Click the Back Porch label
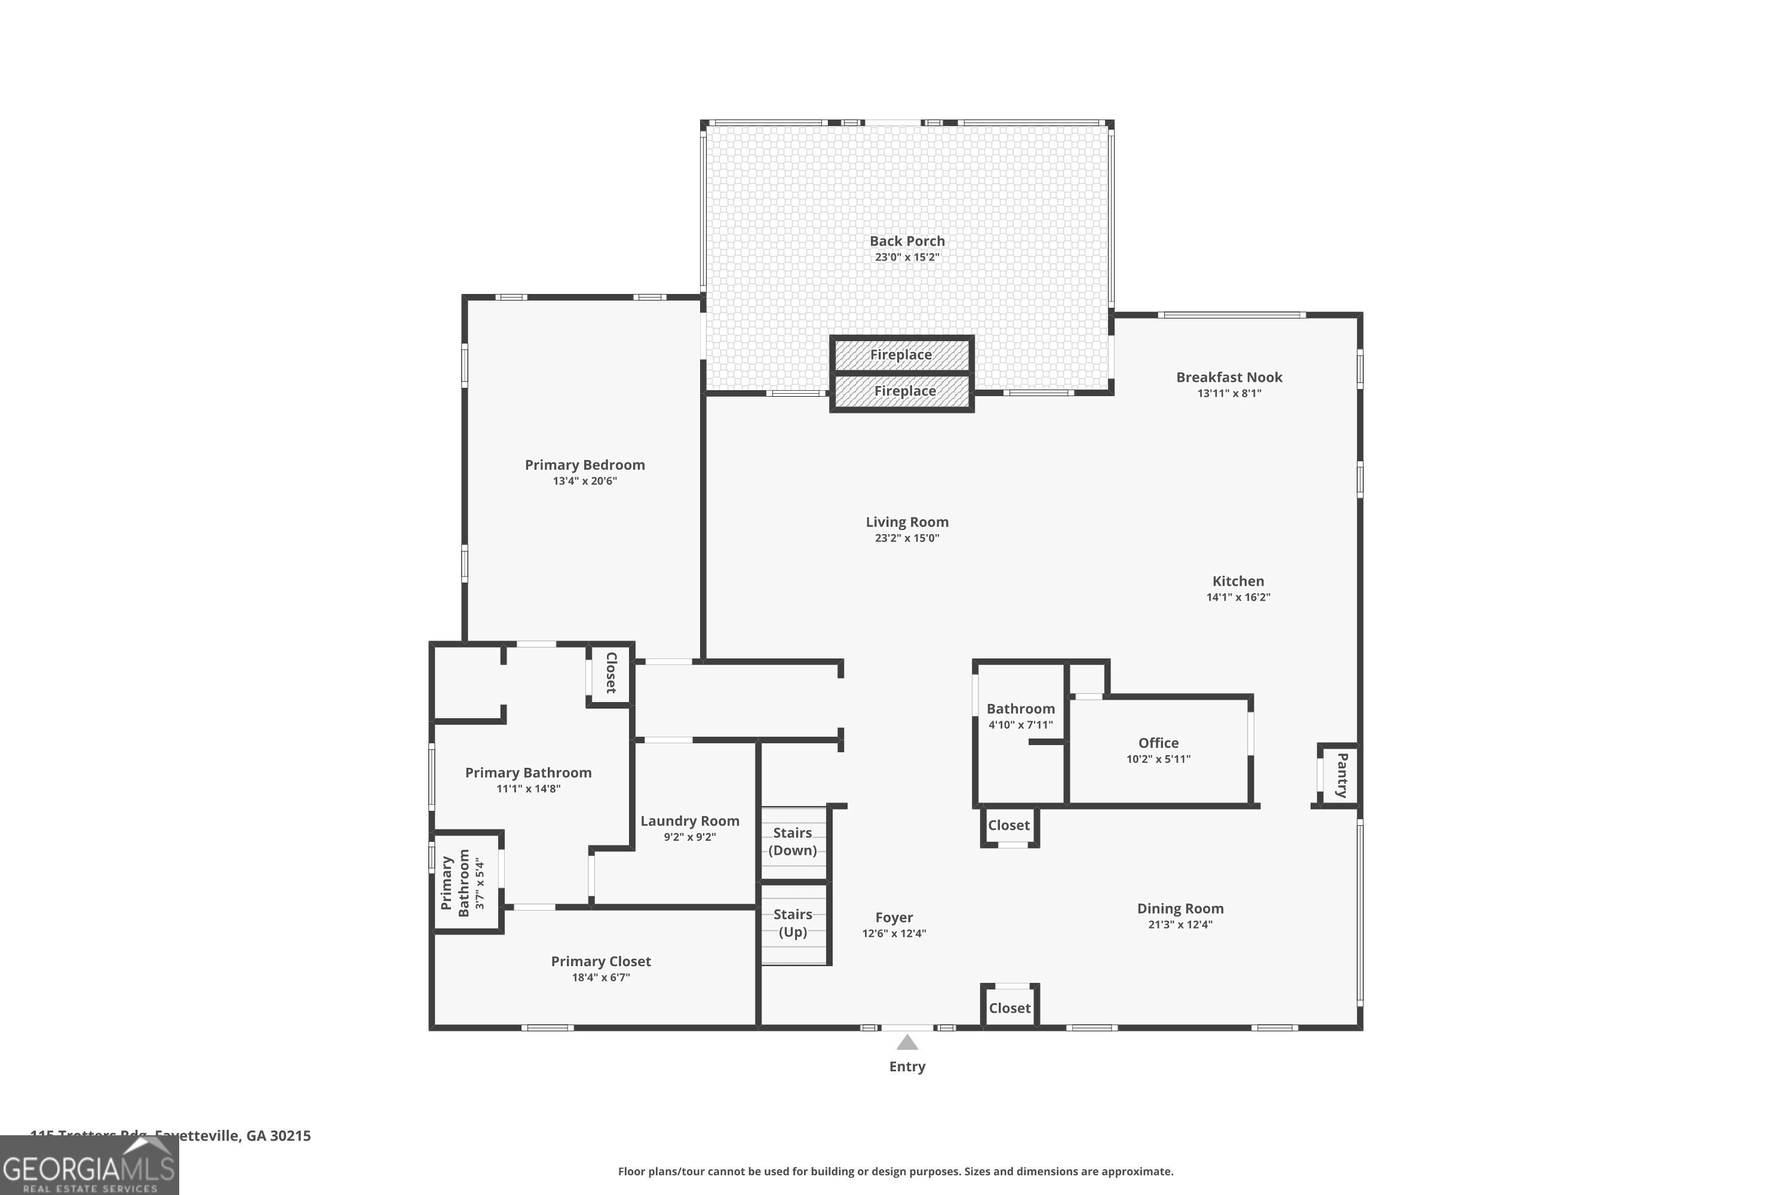click(x=907, y=241)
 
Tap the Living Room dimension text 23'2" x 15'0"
click(x=907, y=538)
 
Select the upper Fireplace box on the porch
click(x=901, y=355)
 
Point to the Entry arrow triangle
click(x=907, y=1043)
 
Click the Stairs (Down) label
click(x=793, y=841)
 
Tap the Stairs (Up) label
click(x=793, y=923)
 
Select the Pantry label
click(x=1342, y=775)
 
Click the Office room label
click(x=1158, y=743)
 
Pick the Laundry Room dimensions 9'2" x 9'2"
click(x=689, y=837)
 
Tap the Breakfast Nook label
click(x=1229, y=377)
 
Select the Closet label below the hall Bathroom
click(x=1009, y=825)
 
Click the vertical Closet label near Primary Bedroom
click(x=610, y=672)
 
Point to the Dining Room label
click(x=1180, y=908)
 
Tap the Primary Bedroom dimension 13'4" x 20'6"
click(x=584, y=481)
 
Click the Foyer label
click(x=894, y=918)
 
